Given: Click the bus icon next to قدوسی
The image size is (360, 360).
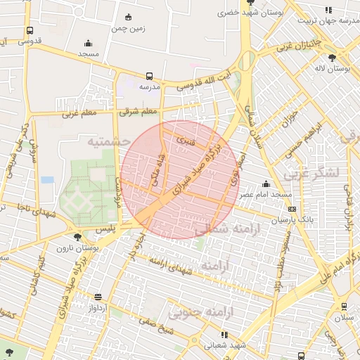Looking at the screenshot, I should pos(29,31).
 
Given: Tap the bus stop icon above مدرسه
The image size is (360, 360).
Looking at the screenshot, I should pos(149,76).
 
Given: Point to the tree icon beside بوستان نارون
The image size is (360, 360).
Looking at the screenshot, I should pos(77,237).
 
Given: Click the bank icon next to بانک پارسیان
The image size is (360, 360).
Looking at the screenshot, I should pos(292,209).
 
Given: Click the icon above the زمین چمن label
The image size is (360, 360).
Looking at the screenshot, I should pos(128,17).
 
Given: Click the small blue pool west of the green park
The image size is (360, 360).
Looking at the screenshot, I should pos(47,179).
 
